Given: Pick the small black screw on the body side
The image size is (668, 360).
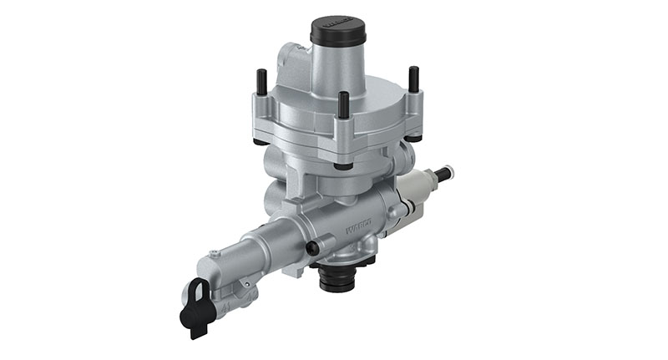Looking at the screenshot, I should point(313,248).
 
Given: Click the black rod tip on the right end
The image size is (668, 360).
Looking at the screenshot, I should point(449,174).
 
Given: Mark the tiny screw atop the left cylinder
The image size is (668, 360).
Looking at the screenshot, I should point(215,252).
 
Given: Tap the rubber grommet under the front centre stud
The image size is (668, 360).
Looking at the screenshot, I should point(343,165).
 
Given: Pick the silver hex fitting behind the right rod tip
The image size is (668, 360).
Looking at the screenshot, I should point(433,179).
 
